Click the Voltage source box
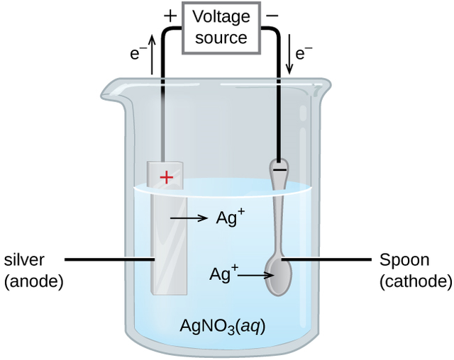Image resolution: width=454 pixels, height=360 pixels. (x=221, y=27)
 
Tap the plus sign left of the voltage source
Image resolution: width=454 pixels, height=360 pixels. (x=170, y=15)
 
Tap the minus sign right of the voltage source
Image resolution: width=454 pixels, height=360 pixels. (x=273, y=15)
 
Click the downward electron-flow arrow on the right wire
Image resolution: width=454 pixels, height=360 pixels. (x=289, y=61)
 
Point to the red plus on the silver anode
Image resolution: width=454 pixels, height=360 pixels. (x=166, y=177)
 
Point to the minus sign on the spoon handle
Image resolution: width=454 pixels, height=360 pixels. (x=279, y=170)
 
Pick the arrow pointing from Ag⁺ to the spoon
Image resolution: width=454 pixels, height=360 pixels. (x=253, y=274)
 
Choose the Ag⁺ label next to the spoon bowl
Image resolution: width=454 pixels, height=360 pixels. (x=223, y=272)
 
